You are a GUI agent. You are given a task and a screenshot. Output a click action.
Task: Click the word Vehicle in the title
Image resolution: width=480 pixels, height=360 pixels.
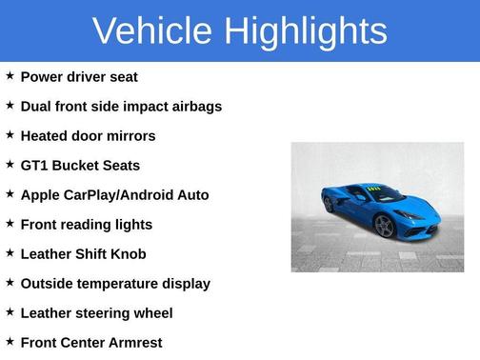(152, 30)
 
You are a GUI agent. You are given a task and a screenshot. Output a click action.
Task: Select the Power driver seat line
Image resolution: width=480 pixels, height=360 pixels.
(79, 76)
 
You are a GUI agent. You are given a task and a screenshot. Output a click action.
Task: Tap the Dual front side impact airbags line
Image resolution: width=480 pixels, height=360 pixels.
(121, 106)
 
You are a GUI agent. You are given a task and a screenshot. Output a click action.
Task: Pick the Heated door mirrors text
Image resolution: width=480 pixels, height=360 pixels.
(88, 135)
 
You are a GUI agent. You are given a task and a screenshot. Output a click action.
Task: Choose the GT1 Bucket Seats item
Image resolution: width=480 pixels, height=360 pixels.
(80, 165)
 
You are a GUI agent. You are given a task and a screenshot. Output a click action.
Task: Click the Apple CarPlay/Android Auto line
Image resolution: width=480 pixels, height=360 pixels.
(114, 194)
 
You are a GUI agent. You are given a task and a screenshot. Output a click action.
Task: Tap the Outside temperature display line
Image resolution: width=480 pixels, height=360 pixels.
(115, 283)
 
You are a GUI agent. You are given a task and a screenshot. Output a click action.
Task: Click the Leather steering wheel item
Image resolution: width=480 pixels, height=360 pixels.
(96, 312)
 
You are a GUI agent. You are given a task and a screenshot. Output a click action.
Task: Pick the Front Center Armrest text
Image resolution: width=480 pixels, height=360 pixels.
(91, 342)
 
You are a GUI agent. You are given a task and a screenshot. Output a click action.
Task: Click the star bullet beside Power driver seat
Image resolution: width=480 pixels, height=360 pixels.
(10, 75)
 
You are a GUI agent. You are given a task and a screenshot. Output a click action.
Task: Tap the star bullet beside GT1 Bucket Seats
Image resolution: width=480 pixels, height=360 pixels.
(10, 164)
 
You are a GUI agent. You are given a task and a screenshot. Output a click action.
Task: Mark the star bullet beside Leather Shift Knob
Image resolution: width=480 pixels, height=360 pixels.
(10, 252)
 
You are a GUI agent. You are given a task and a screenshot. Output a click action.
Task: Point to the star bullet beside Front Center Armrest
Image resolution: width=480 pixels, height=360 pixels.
(10, 341)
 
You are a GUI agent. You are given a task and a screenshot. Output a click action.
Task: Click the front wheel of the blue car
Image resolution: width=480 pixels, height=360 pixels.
(384, 226)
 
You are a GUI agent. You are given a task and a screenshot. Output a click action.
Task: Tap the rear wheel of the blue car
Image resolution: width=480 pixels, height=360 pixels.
(330, 203)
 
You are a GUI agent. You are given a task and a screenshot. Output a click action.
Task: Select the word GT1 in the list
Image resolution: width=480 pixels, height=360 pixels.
(33, 165)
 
